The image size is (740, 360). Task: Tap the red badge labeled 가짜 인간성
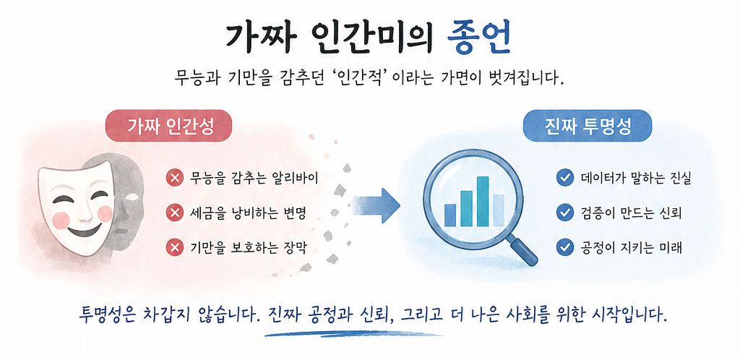168,126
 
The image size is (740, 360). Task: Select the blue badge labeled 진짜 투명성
588,126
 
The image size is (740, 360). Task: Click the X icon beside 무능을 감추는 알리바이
175,179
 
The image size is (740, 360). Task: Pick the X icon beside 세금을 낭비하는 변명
175,213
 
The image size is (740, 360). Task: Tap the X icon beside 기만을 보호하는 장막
175,247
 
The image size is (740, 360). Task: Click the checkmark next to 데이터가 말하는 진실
564,178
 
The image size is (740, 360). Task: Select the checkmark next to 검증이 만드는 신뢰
564,213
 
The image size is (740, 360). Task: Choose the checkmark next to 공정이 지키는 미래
564,247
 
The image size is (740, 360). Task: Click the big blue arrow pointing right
377,206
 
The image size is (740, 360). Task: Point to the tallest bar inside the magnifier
482,202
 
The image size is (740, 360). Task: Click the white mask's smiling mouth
84,231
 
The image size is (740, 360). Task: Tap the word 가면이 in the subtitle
455,77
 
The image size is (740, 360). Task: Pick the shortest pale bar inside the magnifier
499,210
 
